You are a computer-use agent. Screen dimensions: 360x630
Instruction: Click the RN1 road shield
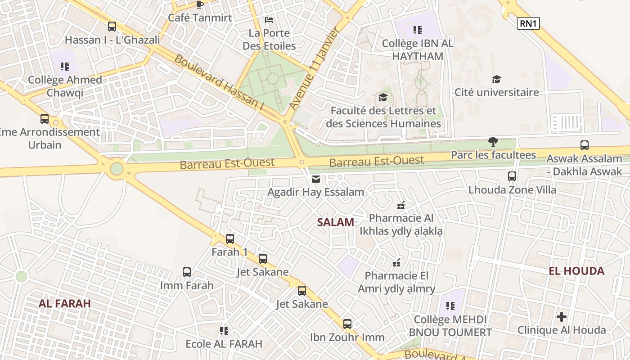(528, 23)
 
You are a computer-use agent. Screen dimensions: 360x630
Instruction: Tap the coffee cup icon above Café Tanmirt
(200, 5)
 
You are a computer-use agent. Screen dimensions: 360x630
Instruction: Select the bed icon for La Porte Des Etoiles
(269, 20)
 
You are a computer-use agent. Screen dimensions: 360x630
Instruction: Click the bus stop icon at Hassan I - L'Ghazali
(112, 27)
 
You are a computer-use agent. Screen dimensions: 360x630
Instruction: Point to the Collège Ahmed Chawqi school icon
(65, 67)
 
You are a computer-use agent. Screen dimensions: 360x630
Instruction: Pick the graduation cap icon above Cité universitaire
(496, 79)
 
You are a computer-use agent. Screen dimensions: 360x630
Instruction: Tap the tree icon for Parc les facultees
(493, 142)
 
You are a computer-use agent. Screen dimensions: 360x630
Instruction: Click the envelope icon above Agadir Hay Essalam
(316, 179)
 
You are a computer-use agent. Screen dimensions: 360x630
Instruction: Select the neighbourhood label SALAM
(335, 222)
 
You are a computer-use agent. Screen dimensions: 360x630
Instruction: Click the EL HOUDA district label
(576, 271)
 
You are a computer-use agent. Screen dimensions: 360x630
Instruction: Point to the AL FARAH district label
(65, 303)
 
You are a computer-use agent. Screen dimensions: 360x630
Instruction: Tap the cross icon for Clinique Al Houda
(562, 317)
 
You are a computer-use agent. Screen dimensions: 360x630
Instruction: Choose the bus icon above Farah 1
(230, 239)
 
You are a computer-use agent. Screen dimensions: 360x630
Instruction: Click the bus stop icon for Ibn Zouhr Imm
(347, 324)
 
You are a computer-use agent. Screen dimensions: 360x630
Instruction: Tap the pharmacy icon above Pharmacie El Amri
(396, 262)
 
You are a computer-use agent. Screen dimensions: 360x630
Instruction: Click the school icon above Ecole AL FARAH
(224, 331)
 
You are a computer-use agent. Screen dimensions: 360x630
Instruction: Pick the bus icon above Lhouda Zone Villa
(512, 176)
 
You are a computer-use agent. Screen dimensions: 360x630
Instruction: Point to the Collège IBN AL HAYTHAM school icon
(418, 30)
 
